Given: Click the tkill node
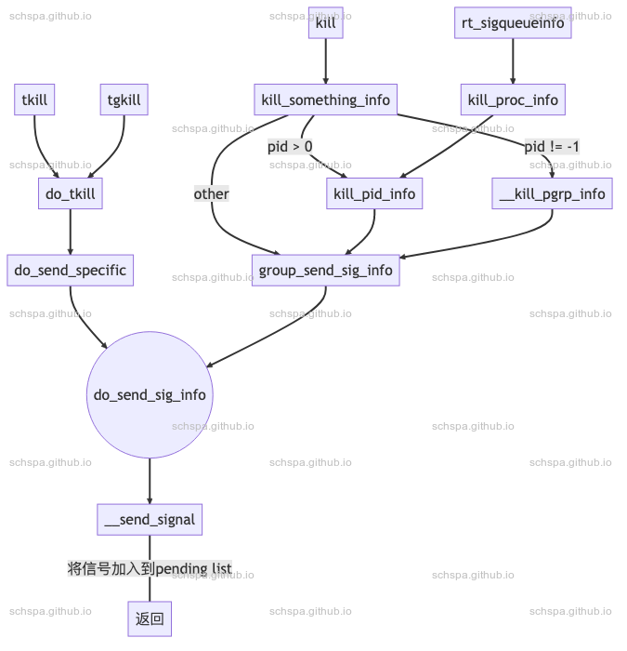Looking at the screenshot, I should (35, 100).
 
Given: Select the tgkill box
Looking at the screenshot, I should (124, 100).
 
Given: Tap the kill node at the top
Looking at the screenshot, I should (326, 23).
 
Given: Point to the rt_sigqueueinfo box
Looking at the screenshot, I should (513, 23).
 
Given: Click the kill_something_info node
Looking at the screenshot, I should (326, 100).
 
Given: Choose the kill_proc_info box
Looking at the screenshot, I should (513, 100).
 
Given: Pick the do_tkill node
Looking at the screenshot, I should (71, 193).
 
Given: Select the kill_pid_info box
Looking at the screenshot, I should (374, 193).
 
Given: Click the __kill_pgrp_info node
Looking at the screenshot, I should (553, 193).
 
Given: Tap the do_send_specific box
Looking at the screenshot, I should (71, 270).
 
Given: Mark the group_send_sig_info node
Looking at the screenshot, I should (326, 270).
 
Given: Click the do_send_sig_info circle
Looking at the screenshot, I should (150, 394).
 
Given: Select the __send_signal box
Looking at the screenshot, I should (150, 519).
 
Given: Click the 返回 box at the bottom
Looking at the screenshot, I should (150, 618).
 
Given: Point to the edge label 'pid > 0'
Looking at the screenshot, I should (290, 146).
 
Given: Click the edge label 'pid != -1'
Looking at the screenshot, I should (552, 146).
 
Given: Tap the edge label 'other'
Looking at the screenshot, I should (212, 193).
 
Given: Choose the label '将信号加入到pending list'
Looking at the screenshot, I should (150, 568).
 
